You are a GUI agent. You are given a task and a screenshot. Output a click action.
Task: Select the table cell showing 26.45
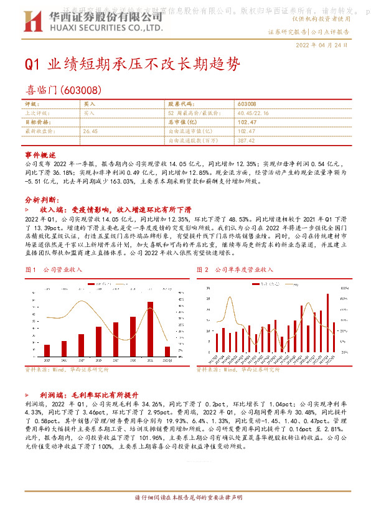coord(91,131)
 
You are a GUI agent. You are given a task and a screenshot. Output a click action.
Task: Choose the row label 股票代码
coord(178,104)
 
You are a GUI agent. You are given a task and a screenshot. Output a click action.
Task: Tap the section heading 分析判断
coord(43,200)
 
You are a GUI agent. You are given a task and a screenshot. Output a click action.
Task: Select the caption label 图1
coord(29,269)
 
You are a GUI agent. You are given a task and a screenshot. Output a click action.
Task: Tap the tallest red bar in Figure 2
coord(327,323)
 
